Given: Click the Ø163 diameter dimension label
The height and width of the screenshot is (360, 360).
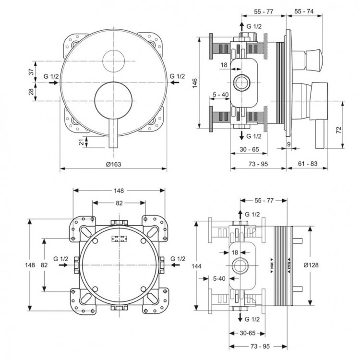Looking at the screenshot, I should (x=113, y=164).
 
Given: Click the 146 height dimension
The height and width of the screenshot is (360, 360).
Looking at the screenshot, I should (x=194, y=84).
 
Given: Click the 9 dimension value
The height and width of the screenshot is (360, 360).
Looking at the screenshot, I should (x=289, y=144).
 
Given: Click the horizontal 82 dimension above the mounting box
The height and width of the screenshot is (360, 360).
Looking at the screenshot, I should (x=118, y=203).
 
